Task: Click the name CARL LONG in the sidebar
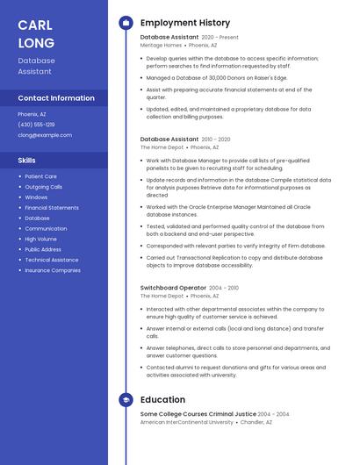click(x=36, y=33)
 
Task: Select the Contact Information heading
click(x=56, y=98)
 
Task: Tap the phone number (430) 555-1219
click(x=36, y=125)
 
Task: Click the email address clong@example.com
click(x=45, y=135)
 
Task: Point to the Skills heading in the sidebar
click(x=27, y=161)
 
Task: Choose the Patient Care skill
click(x=40, y=176)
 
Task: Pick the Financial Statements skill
click(x=52, y=208)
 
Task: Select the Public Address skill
click(x=43, y=249)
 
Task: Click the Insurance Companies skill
click(x=53, y=270)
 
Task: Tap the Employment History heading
click(x=185, y=23)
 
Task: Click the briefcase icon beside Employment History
click(x=126, y=23)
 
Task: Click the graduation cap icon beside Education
click(x=126, y=399)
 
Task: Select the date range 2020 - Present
click(x=220, y=38)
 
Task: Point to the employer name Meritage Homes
click(x=161, y=45)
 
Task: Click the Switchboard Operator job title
click(x=173, y=288)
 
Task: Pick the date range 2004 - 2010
click(x=224, y=288)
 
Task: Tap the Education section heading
click(x=162, y=399)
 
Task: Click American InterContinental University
click(x=187, y=422)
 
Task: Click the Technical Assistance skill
click(x=52, y=260)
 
